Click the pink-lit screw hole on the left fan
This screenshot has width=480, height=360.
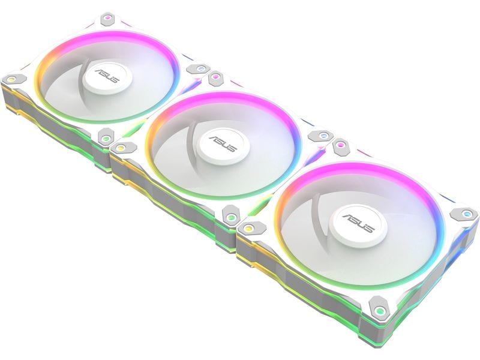pos(107,18)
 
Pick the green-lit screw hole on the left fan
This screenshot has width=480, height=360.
pos(106,138)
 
